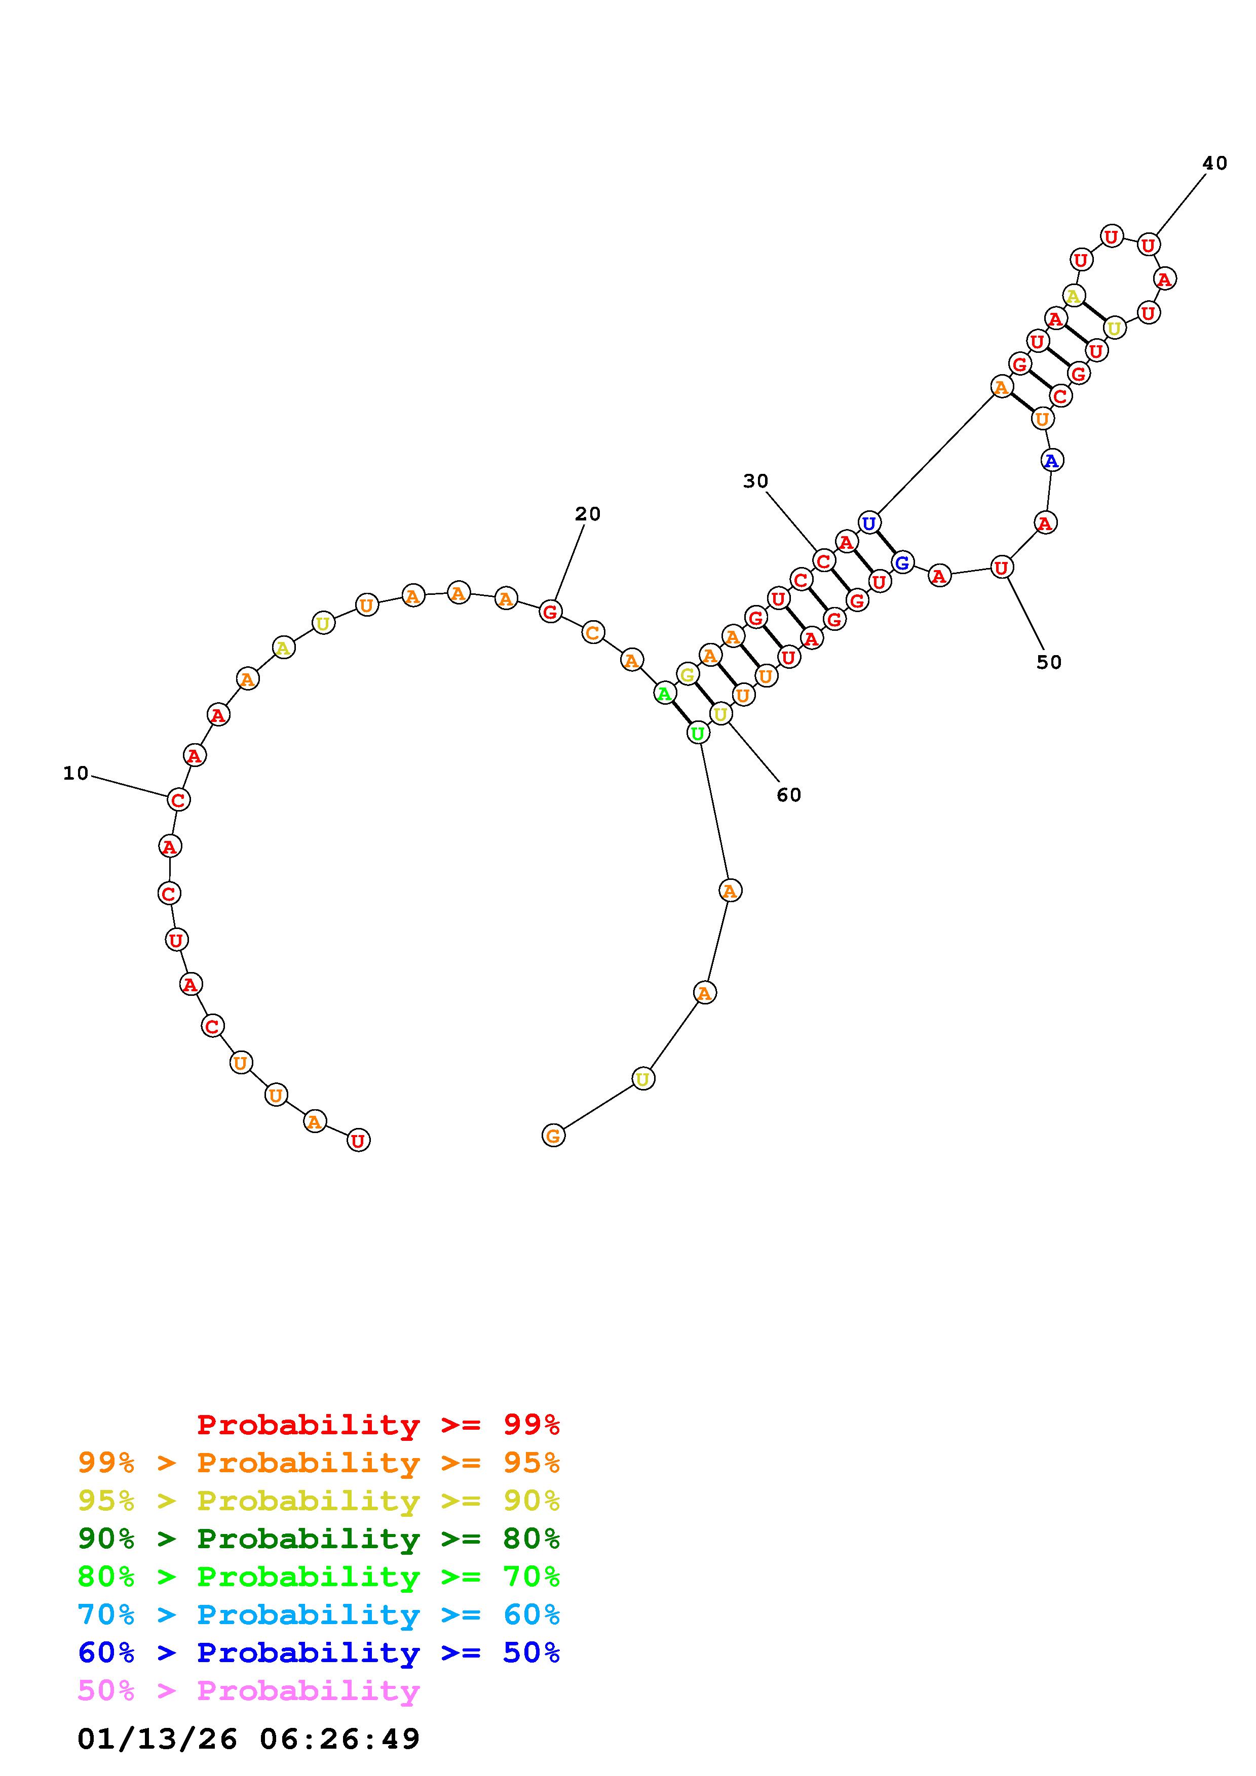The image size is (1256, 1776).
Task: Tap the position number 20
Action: pos(587,514)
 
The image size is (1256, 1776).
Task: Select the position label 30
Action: pos(755,481)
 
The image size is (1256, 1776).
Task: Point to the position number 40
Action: pos(1214,163)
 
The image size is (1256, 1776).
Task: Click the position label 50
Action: pos(1049,662)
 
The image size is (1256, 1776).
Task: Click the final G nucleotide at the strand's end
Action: pos(553,1136)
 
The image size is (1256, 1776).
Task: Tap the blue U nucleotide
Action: pos(869,523)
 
